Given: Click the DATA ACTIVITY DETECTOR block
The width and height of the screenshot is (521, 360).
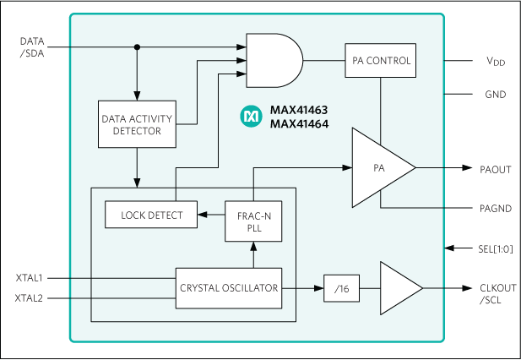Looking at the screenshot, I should [x=136, y=125].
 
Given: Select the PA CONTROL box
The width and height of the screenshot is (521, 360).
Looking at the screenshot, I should [x=380, y=61].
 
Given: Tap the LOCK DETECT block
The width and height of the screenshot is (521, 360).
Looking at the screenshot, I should [x=151, y=215].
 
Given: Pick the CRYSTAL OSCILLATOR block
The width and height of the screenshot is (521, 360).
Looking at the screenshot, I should [x=228, y=288].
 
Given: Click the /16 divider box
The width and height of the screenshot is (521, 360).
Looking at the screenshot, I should [x=340, y=289].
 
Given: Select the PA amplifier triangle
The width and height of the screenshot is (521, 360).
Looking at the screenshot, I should [x=380, y=168].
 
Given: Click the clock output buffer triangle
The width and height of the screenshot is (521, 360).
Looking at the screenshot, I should [x=399, y=289].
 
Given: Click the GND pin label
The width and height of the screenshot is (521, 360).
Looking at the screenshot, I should [x=496, y=95].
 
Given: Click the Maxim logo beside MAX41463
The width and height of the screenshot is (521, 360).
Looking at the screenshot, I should [x=251, y=117].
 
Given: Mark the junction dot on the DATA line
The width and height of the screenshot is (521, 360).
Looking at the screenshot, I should [x=136, y=46].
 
